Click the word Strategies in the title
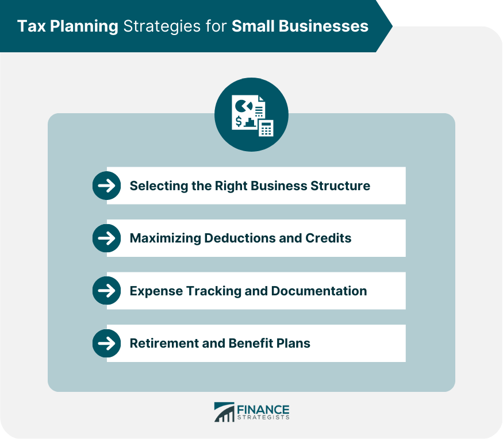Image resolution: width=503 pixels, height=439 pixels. pos(162,27)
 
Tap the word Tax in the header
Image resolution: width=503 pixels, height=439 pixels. pos(31,26)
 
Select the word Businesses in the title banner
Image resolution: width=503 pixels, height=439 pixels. pos(323,26)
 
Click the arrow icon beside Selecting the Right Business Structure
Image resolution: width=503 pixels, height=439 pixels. pos(106,186)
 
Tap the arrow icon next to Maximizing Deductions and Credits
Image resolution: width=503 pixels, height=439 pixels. pos(106,238)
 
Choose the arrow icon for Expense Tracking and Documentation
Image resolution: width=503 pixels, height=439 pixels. pos(106,291)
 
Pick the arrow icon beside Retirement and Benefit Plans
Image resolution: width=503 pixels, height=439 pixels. pos(106,344)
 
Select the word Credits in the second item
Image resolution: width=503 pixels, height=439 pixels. pos(328,238)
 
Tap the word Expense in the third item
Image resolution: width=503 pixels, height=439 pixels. pos(156,291)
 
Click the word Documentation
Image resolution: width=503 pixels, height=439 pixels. pos(319,291)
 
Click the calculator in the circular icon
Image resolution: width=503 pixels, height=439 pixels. pos(266,128)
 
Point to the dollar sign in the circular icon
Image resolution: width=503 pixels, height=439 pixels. pos(239,122)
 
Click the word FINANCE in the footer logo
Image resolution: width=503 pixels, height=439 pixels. pos(263,410)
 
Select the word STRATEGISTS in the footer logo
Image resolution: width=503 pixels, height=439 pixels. pos(263,418)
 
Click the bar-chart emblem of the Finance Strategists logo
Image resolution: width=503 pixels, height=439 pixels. pos(224,412)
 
